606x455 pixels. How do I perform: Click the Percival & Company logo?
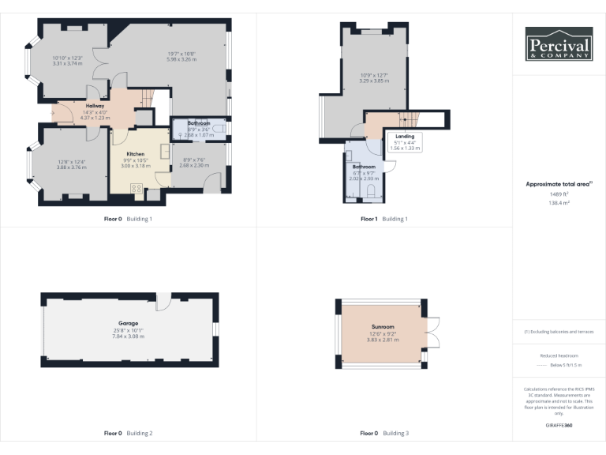click(559, 44)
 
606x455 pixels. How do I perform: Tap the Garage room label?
click(129, 323)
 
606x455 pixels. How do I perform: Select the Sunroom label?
click(383, 326)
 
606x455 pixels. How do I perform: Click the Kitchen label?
click(135, 153)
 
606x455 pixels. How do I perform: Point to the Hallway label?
click(95, 106)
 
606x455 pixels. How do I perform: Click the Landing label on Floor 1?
click(404, 136)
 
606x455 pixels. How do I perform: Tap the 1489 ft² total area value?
click(559, 194)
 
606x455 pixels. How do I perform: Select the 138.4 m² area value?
click(559, 203)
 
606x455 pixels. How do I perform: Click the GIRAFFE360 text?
click(559, 426)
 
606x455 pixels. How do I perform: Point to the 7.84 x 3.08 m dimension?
click(129, 337)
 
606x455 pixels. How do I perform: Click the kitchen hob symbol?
click(135, 189)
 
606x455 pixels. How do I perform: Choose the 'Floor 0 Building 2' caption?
click(129, 433)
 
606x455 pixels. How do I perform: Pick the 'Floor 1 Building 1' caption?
click(384, 219)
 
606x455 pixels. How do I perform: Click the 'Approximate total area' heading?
click(558, 184)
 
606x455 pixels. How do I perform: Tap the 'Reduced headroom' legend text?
click(559, 356)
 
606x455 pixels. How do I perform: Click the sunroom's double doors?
click(432, 332)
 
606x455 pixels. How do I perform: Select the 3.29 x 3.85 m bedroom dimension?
click(374, 81)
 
